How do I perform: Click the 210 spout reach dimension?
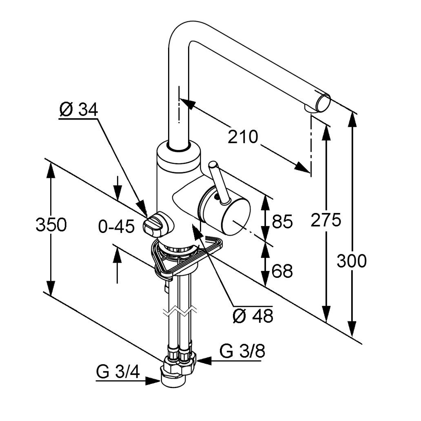pyautogui.click(x=243, y=137)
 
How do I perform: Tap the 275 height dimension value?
pyautogui.click(x=326, y=220)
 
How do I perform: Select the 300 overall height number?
pyautogui.click(x=352, y=261)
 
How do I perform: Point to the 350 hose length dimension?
pyautogui.click(x=51, y=225)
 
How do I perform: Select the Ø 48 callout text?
pyautogui.click(x=253, y=315)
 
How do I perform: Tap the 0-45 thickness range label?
pyautogui.click(x=116, y=227)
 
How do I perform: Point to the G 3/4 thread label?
pyautogui.click(x=118, y=372)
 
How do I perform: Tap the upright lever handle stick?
pyautogui.click(x=215, y=180)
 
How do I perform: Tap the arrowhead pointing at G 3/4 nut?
pyautogui.click(x=153, y=381)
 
